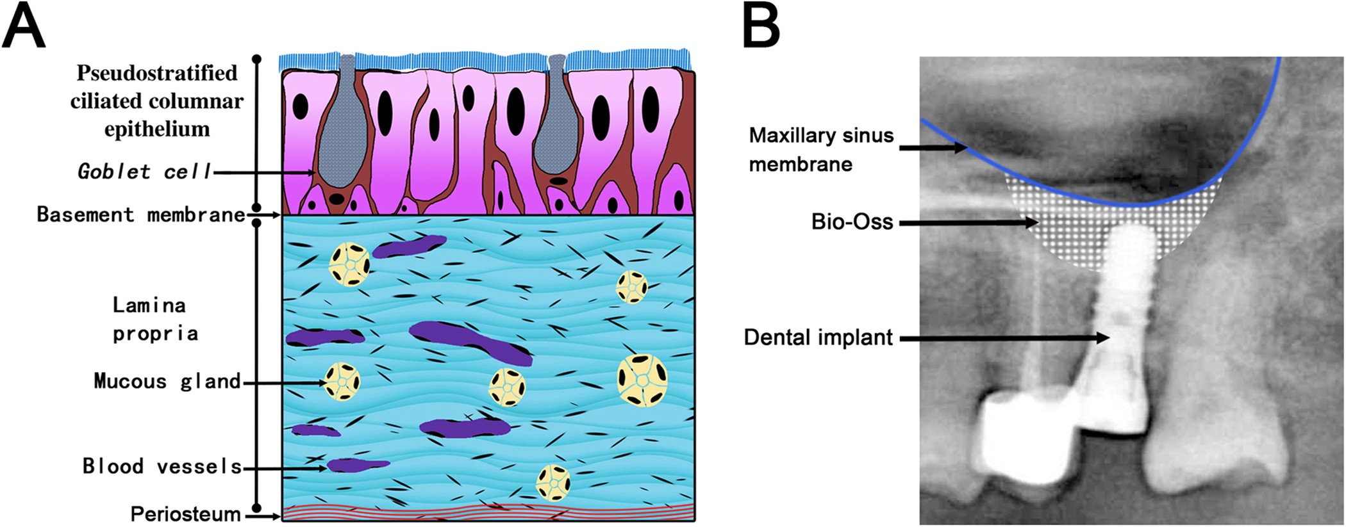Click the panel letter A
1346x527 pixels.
pos(24,28)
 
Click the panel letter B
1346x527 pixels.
pos(761,27)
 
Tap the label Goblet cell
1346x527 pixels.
pos(144,172)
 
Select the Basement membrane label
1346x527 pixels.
pos(140,215)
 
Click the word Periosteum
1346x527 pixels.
pos(185,514)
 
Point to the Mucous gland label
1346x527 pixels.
pos(167,382)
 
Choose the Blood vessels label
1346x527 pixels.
pos(162,467)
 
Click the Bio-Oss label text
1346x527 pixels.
pos(852,222)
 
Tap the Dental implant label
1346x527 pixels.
pos(818,337)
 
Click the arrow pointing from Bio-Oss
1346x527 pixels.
pos(968,223)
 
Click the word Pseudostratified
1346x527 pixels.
pos(157,74)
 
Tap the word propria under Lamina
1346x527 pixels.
pos(155,334)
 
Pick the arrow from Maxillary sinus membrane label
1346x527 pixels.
pos(933,148)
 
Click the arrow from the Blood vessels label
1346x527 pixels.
pos(285,469)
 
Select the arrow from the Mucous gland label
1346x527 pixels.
pos(285,383)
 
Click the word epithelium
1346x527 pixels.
pos(157,129)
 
